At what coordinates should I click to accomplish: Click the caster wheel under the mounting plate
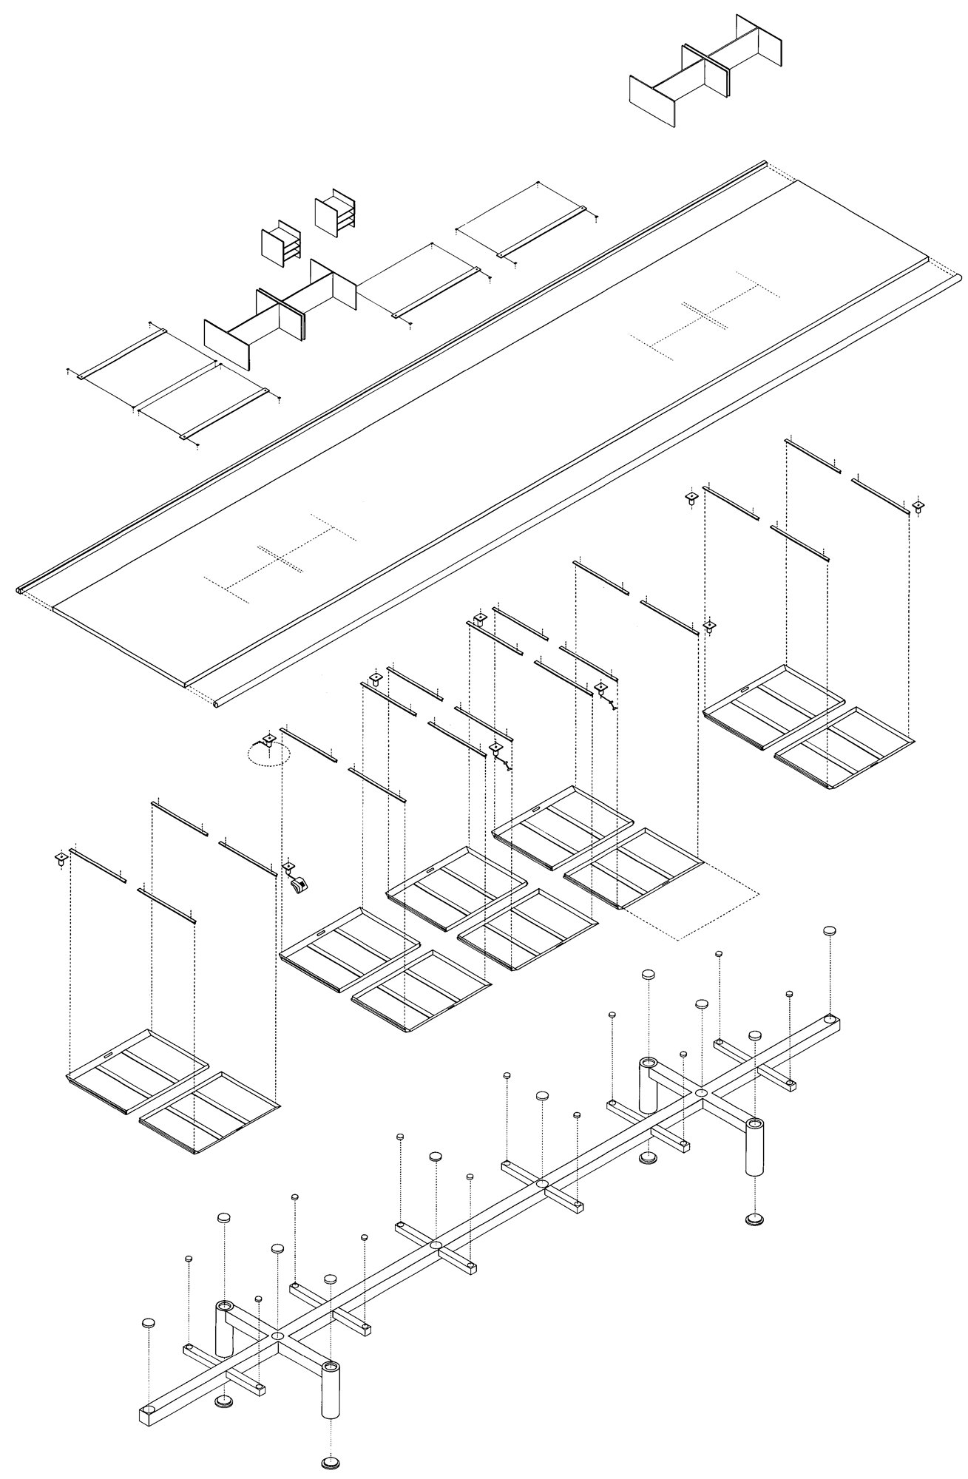click(x=298, y=884)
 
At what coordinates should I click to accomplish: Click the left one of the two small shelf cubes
click(x=281, y=241)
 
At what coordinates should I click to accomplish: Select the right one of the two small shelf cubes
click(x=336, y=212)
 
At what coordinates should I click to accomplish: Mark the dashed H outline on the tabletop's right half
click(x=706, y=314)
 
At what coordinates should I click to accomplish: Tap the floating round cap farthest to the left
click(x=149, y=1323)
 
